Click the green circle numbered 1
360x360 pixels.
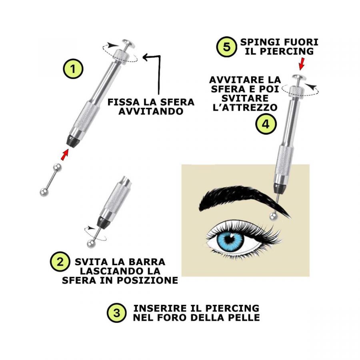(73, 69)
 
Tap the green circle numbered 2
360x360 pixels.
(60, 262)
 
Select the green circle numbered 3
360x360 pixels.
(117, 313)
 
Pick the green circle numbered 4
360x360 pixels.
(266, 124)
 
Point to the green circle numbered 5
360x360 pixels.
(227, 47)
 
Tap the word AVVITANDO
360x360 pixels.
(151, 111)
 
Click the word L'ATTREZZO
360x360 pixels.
(245, 108)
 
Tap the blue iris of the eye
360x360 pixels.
(230, 240)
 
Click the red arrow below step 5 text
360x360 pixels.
(302, 64)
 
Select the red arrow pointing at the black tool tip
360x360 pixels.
(64, 154)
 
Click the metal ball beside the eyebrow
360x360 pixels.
(273, 216)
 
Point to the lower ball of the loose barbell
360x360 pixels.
(44, 192)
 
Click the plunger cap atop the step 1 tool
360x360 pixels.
(128, 43)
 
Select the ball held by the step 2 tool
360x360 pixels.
(91, 244)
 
